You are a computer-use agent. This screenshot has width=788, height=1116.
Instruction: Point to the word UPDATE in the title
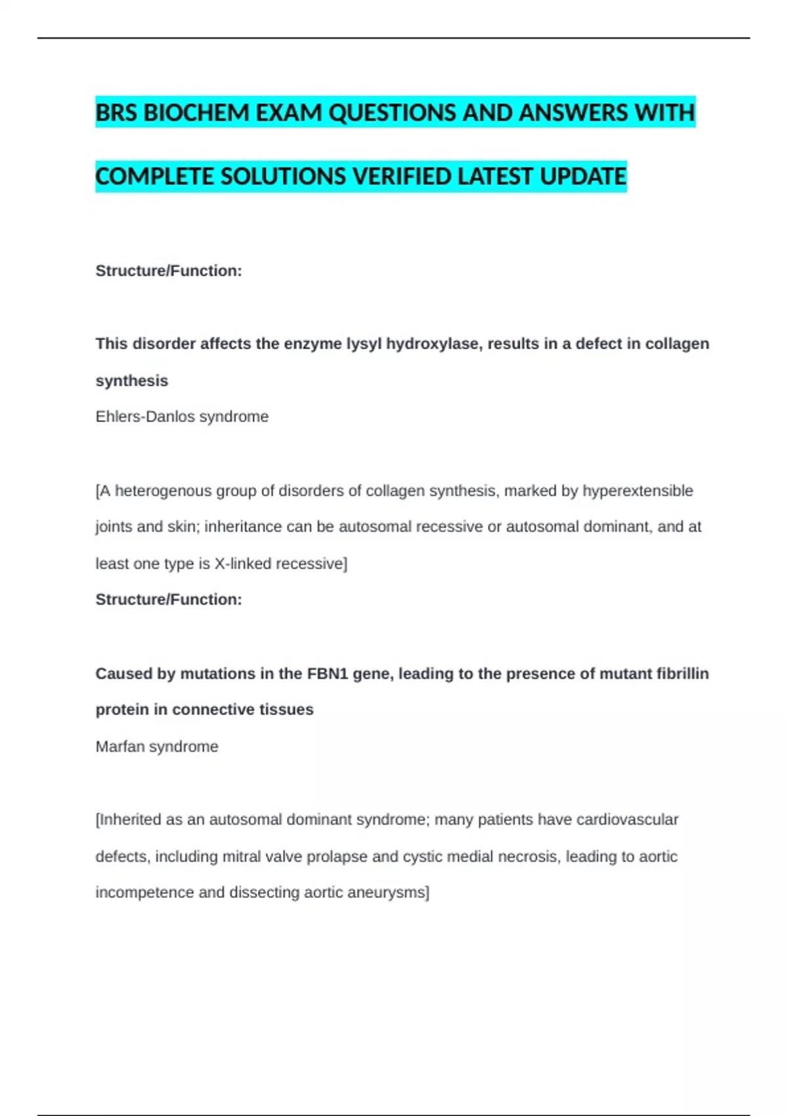583,177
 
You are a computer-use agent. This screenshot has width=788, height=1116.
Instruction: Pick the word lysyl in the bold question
364,344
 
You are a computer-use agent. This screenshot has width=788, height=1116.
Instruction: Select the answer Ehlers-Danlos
144,417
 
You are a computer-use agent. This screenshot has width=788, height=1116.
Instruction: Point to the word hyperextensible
638,491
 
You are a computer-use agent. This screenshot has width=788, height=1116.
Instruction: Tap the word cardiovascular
627,820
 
